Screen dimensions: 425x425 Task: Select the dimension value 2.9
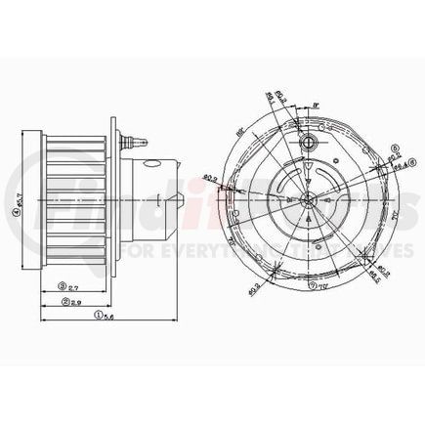pos(76,302)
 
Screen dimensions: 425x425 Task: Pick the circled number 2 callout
pos(63,302)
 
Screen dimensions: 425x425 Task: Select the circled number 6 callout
pos(394,149)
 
